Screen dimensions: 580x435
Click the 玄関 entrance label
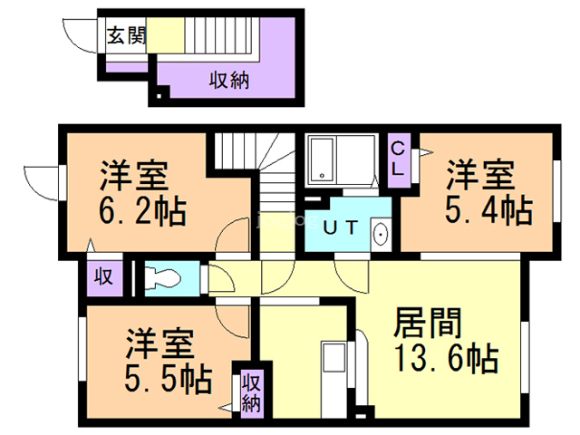click(127, 36)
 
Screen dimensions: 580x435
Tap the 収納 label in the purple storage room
click(229, 80)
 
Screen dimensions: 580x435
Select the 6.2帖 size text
click(143, 211)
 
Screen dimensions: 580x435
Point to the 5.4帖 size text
click(488, 210)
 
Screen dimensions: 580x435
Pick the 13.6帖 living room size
click(447, 358)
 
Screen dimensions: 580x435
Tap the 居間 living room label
click(428, 323)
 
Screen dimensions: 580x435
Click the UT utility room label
click(341, 227)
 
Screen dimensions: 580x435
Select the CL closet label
click(398, 159)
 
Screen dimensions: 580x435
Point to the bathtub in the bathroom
click(322, 159)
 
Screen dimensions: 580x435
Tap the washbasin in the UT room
click(381, 235)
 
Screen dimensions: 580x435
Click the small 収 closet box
click(104, 278)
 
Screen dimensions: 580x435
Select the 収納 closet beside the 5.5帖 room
click(252, 393)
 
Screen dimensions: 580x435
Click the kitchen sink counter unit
click(334, 380)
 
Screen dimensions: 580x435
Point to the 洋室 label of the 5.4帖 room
click(481, 174)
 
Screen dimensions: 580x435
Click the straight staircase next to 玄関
click(221, 35)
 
